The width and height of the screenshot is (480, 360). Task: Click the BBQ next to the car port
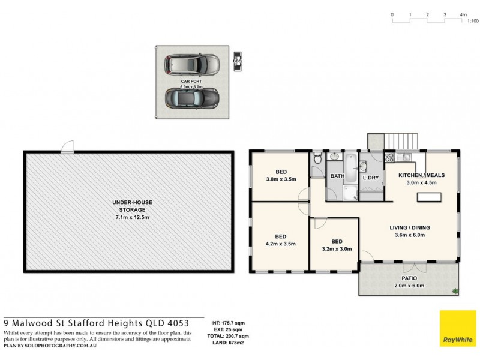237,61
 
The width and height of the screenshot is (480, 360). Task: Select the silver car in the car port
190,63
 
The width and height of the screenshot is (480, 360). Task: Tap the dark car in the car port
190,97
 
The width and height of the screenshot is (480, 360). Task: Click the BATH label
337,176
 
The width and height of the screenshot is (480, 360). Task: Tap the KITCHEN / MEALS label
421,175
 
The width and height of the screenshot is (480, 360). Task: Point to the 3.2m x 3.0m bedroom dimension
337,248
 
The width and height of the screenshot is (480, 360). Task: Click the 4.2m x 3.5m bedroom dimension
280,244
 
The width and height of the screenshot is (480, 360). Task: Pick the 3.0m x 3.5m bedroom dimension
281,179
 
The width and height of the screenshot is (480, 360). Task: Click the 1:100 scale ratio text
472,21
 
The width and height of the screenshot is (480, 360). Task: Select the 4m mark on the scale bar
463,14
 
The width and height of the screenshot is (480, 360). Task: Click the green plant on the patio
455,292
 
